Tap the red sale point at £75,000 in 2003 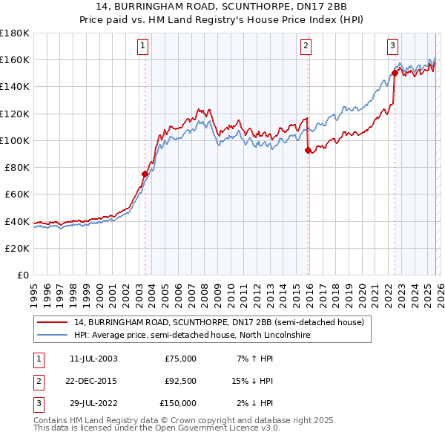point(145,174)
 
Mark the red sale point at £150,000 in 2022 point(395,73)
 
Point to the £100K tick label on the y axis point(15,140)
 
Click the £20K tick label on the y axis point(17,248)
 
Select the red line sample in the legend point(52,323)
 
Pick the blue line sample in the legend point(52,336)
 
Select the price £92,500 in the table point(179,381)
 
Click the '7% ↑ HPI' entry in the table point(253,359)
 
